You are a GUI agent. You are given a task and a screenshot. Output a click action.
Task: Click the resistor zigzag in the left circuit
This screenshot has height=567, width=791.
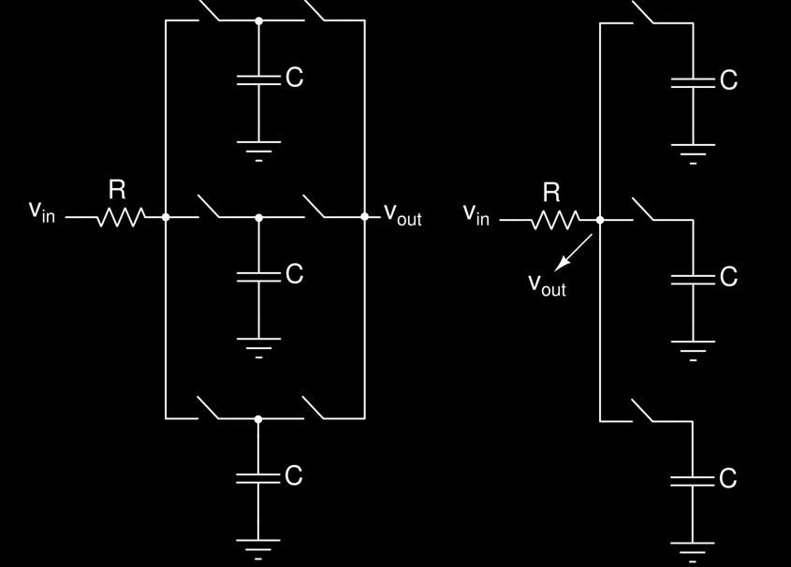pyautogui.click(x=121, y=217)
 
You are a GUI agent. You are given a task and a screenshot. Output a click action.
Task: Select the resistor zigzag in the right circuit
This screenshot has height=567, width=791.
pyautogui.click(x=555, y=220)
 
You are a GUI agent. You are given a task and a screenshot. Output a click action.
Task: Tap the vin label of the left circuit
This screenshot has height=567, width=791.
pyautogui.click(x=42, y=211)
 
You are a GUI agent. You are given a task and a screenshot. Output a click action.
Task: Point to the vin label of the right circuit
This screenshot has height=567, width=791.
pyautogui.click(x=476, y=213)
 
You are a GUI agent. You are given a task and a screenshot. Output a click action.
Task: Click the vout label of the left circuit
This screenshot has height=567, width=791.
pyautogui.click(x=403, y=214)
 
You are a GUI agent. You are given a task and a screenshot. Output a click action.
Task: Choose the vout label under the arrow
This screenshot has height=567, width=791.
pyautogui.click(x=547, y=284)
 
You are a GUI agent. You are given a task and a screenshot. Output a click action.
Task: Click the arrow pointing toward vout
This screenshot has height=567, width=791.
pyautogui.click(x=573, y=253)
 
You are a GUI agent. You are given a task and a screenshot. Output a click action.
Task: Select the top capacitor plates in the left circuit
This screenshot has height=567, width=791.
pyautogui.click(x=258, y=80)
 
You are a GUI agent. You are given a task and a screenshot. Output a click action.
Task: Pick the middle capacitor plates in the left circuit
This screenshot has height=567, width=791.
pyautogui.click(x=258, y=277)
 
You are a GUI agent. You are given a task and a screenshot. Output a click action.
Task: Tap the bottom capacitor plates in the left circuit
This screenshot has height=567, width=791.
pyautogui.click(x=257, y=478)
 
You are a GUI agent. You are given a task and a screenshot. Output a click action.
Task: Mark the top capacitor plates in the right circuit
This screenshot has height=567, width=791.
pyautogui.click(x=693, y=82)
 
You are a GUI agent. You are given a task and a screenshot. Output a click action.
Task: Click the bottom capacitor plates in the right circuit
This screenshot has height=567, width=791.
pyautogui.click(x=693, y=481)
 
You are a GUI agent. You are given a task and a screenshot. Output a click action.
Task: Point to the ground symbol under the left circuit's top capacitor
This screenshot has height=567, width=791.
pyautogui.click(x=258, y=152)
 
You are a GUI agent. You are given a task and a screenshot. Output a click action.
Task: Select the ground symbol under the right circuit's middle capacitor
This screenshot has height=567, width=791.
pyautogui.click(x=693, y=351)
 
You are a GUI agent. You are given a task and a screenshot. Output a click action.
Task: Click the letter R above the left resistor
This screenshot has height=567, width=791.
pyautogui.click(x=117, y=190)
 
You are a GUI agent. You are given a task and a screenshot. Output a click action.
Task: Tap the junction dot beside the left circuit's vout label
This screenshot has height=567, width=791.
pyautogui.click(x=365, y=217)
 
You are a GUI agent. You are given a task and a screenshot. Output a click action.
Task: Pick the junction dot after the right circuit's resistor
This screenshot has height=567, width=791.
pyautogui.click(x=600, y=220)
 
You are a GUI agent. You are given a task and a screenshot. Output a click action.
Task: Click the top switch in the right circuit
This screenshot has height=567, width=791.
pyautogui.click(x=643, y=12)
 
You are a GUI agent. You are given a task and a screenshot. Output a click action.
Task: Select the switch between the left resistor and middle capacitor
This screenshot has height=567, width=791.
pyautogui.click(x=209, y=207)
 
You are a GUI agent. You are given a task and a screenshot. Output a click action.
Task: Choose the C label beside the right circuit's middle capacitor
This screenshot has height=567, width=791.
pyautogui.click(x=728, y=277)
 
